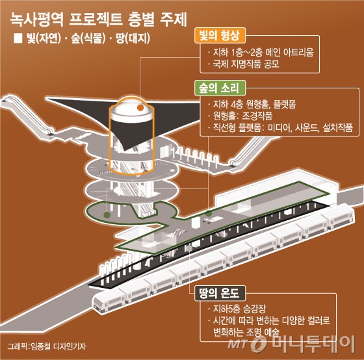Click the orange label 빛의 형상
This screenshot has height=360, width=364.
point(220,36)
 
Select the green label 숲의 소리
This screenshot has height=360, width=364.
point(220,88)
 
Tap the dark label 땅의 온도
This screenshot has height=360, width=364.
point(220,293)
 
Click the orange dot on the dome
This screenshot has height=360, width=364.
point(140,107)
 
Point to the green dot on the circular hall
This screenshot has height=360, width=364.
point(107,214)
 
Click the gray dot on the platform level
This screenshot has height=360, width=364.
point(189,248)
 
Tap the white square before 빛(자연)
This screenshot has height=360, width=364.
point(18,38)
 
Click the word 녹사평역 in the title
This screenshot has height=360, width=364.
point(36,19)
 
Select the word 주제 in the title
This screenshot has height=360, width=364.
point(174,19)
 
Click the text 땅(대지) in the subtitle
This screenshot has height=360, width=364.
point(133,38)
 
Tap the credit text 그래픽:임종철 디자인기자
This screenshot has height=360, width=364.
point(47,346)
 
